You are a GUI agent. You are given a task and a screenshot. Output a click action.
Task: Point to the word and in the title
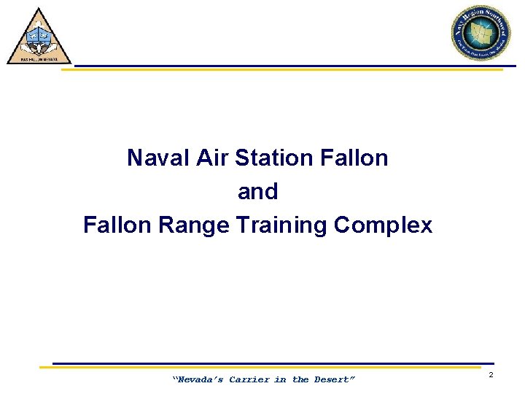[x=257, y=192]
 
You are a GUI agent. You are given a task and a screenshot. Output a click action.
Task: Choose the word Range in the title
[x=192, y=225]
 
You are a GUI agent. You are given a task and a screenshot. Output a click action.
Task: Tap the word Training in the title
[x=282, y=225]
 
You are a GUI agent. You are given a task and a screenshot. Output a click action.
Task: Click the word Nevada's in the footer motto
[x=198, y=379]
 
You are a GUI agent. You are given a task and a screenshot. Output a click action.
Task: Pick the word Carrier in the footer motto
[x=249, y=379]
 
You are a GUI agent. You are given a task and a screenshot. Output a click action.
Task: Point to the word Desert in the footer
[x=334, y=379]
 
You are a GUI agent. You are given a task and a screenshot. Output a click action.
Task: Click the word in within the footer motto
[x=281, y=379]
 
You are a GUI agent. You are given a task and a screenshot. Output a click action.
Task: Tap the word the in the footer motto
[x=300, y=379]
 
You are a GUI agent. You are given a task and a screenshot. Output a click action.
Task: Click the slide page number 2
[x=491, y=375]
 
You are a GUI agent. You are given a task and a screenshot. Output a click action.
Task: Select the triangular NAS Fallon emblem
[x=39, y=38]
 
